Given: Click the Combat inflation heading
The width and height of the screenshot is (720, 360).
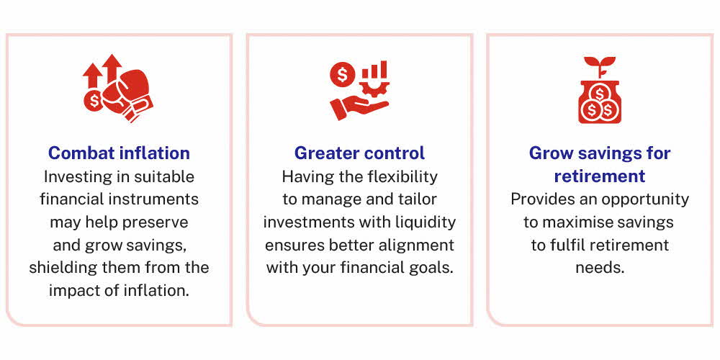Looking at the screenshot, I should (119, 153).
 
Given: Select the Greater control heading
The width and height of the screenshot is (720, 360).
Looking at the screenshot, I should (359, 153).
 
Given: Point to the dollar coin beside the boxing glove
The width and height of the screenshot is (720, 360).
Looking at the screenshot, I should (94, 102).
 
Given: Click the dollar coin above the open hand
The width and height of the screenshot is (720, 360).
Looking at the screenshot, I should (341, 73).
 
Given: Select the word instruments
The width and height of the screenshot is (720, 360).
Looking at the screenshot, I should (159, 199).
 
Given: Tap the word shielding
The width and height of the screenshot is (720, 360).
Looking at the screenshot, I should (63, 268).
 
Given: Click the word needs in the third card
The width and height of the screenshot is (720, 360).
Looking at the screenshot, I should (599, 268).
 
